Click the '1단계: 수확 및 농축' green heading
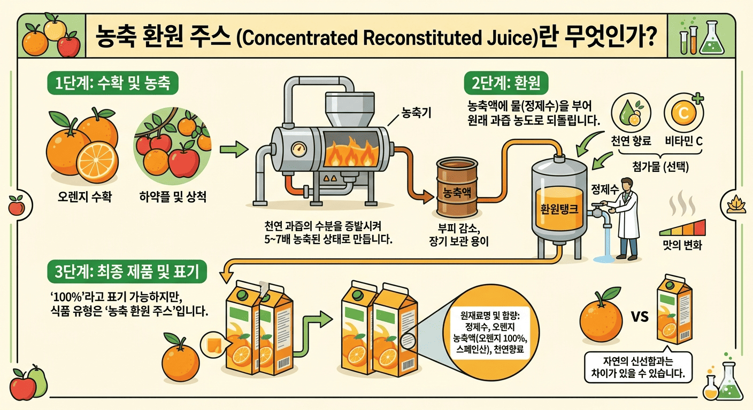point(113,83)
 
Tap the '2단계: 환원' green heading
point(506,83)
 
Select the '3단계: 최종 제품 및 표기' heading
point(127,271)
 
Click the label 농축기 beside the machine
point(416,113)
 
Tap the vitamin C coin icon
point(683,113)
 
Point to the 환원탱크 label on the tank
point(559,210)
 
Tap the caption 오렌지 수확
point(84,196)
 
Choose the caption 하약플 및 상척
point(173,196)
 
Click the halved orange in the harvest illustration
point(97,162)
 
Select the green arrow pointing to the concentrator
point(234,149)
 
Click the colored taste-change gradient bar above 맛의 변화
point(682,227)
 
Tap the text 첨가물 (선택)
point(660,167)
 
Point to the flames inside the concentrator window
point(350,153)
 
